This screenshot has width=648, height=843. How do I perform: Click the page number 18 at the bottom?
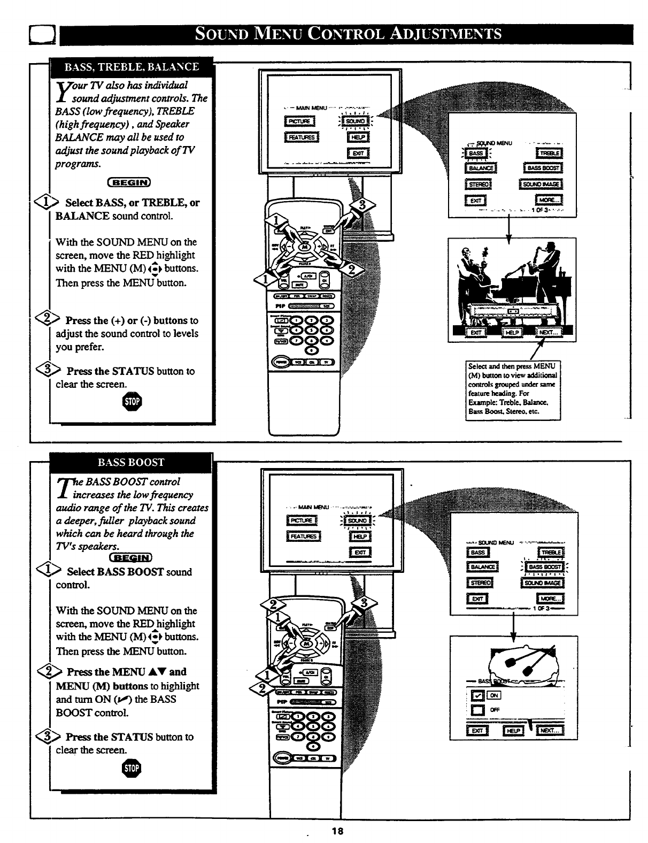coord(337,831)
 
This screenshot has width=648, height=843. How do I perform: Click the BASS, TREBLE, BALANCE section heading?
coord(132,67)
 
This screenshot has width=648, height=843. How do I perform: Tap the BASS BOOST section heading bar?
coord(131,463)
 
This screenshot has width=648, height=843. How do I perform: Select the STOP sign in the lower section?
coord(132,769)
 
